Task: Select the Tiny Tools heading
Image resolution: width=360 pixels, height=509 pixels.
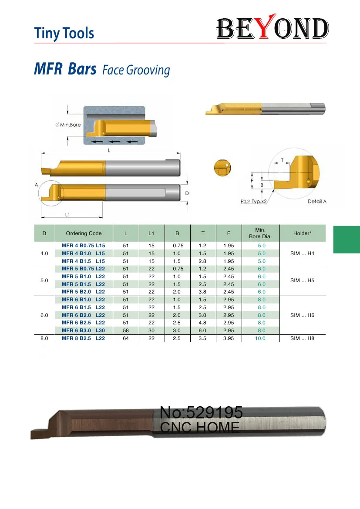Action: [x=64, y=34]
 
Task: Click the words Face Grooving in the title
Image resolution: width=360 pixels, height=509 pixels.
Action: [x=136, y=70]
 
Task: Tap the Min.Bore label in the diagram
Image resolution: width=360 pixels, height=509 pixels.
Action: [x=68, y=125]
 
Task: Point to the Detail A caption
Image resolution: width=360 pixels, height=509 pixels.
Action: [x=317, y=201]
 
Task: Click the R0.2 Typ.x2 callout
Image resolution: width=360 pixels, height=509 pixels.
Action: [x=253, y=201]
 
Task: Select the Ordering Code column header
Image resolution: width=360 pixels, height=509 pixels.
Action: [x=84, y=233]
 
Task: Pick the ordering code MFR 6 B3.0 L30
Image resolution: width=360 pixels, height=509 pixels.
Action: [x=84, y=330]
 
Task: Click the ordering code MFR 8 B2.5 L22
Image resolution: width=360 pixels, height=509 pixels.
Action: [x=84, y=338]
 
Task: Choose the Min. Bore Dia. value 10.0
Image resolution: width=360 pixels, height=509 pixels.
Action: [x=260, y=338]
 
